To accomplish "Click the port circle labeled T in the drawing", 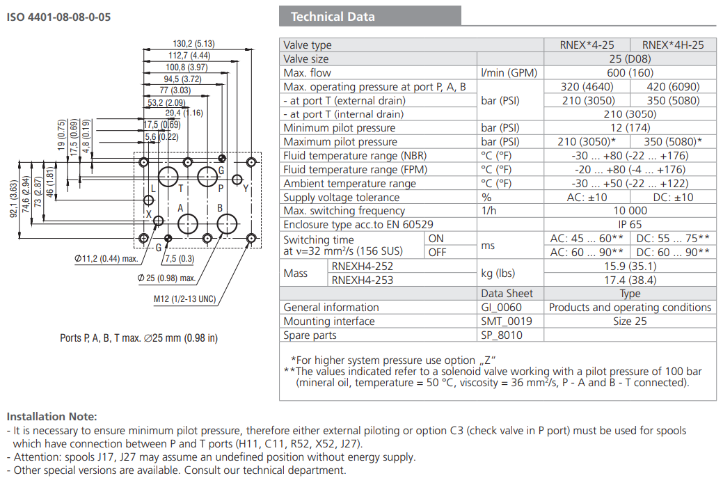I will [168, 177].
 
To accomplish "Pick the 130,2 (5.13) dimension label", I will [193, 43].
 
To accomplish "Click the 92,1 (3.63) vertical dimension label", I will [13, 200].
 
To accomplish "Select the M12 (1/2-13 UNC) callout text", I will [184, 300].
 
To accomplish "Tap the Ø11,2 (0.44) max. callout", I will [105, 260].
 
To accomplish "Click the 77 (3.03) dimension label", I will [175, 90].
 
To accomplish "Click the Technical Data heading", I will [333, 17].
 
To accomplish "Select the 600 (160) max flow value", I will [630, 73].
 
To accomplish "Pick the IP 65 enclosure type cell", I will [630, 225].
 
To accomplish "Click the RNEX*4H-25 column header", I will [673, 45].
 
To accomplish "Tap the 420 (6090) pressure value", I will [673, 87].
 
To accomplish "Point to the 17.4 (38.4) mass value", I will [630, 280].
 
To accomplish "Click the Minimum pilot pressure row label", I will [339, 128].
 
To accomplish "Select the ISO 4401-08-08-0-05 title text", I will [58, 17].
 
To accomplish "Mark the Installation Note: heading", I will [52, 416].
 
